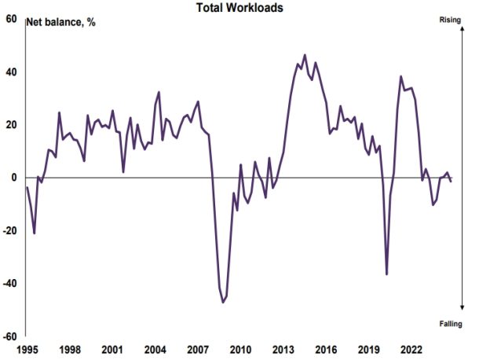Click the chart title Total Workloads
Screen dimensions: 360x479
point(239,7)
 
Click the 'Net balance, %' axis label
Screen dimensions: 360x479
point(61,22)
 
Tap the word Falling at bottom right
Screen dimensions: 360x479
point(451,323)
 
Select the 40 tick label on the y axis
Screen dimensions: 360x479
point(11,72)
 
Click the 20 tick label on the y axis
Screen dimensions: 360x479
point(11,125)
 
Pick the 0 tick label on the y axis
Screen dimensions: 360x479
point(14,178)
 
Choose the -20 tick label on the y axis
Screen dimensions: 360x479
point(9,230)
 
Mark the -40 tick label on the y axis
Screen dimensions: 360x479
point(9,283)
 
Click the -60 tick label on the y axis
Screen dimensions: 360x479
point(9,336)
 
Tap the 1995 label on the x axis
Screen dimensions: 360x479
point(27,349)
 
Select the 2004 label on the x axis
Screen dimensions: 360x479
point(155,349)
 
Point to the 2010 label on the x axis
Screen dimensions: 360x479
point(239,349)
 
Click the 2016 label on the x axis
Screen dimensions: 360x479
point(325,349)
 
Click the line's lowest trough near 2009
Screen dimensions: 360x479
point(223,302)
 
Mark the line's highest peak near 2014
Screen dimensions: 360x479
point(305,55)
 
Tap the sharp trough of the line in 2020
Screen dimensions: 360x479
point(386,274)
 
